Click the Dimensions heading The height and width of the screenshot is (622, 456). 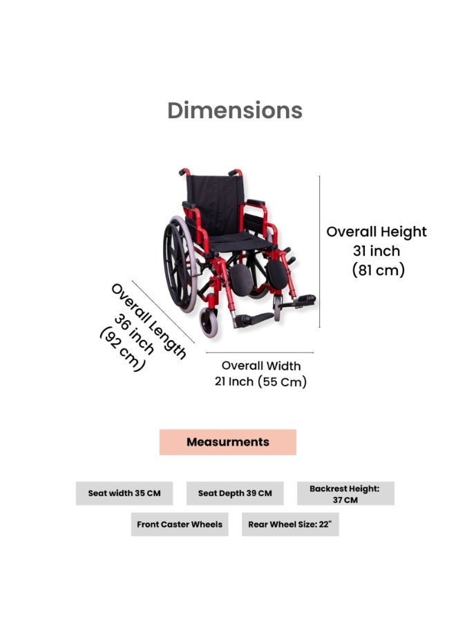[x=235, y=111]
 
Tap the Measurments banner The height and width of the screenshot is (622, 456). [x=227, y=442]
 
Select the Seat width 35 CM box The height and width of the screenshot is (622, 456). [x=124, y=493]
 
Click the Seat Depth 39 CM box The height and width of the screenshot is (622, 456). [x=235, y=493]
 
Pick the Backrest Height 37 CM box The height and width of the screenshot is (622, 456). [x=345, y=493]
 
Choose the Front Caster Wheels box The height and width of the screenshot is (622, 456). [x=180, y=525]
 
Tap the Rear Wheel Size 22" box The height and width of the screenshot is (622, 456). [x=290, y=525]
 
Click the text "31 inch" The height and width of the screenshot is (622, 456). [x=377, y=251]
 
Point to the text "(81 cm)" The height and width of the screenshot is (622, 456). [x=379, y=270]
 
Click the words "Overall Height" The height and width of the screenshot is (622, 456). [x=377, y=232]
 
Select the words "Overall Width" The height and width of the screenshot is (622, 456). [x=261, y=366]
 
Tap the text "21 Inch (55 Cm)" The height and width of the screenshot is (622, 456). [x=260, y=381]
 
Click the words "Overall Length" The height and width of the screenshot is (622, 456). [x=149, y=321]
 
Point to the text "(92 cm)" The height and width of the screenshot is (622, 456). [x=122, y=349]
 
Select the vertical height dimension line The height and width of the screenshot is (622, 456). [x=320, y=252]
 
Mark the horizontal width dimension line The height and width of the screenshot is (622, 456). [x=260, y=352]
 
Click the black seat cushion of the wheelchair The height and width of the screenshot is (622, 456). [x=234, y=241]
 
